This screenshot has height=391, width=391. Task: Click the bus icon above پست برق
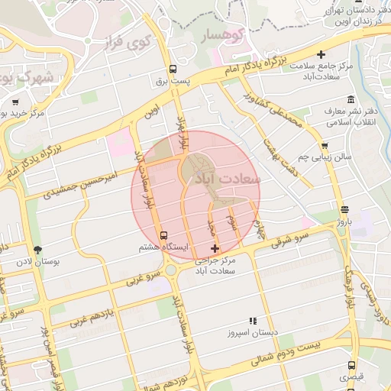point(173,66)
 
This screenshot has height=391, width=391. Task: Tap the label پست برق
point(173,80)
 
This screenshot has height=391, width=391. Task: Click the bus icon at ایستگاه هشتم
point(163,234)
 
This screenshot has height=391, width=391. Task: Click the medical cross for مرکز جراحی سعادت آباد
point(215,247)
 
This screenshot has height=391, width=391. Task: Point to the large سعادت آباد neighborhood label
point(229,178)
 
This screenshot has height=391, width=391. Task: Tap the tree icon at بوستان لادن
point(38,250)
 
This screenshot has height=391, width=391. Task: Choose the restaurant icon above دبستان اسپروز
point(253,321)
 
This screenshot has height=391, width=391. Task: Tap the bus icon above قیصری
point(351,364)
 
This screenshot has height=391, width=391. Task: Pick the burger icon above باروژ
point(344,208)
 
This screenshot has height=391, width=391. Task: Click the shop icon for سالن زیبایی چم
point(325,144)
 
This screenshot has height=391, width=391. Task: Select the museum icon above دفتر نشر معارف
point(351,100)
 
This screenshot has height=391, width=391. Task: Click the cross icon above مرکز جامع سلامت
point(321,54)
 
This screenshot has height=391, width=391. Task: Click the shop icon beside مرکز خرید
point(16,101)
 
